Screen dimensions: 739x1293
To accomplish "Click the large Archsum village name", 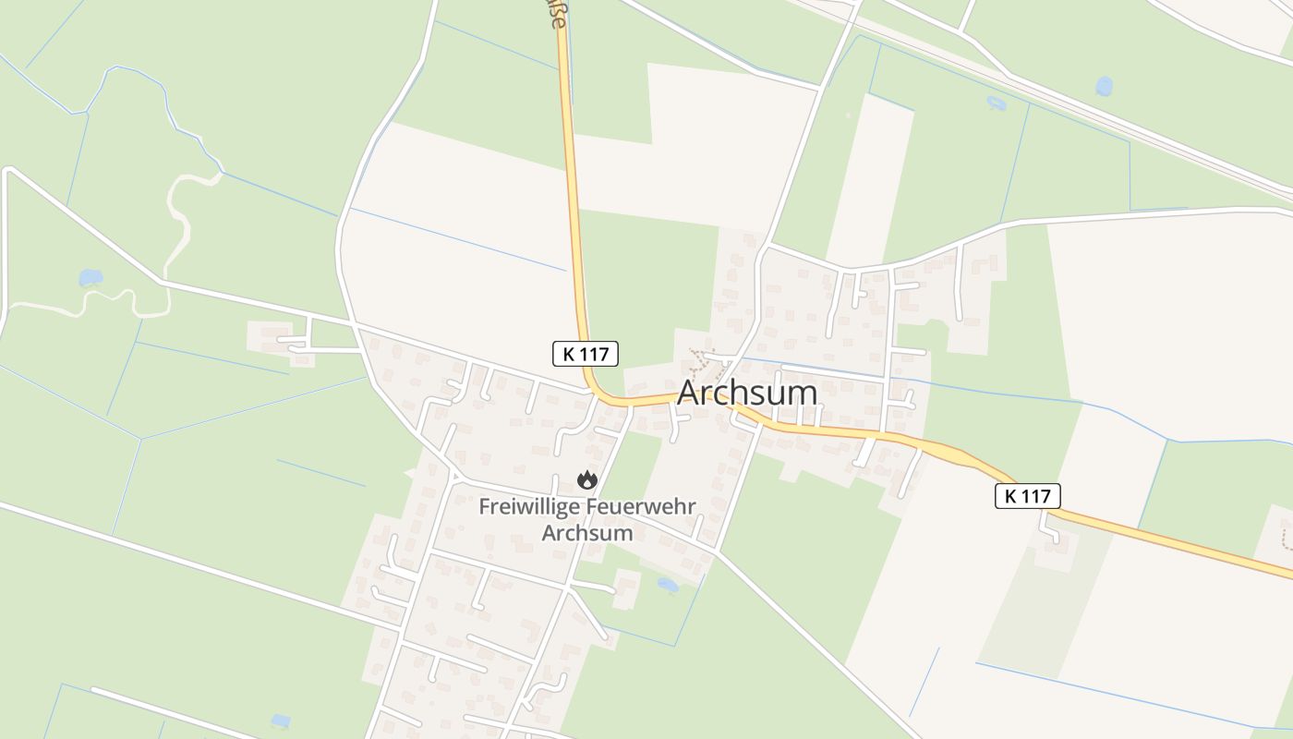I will [x=747, y=393].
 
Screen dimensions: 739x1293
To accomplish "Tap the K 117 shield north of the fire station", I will [x=585, y=353].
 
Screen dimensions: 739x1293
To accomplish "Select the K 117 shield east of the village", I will [x=1027, y=496].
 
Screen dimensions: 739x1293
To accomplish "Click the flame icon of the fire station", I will [x=586, y=479].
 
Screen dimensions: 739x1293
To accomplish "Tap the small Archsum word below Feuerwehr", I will [x=586, y=533].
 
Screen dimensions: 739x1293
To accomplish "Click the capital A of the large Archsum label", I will [x=689, y=393].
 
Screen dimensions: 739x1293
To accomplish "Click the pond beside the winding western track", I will [x=91, y=277].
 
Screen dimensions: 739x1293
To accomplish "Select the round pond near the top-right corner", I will [x=1104, y=86].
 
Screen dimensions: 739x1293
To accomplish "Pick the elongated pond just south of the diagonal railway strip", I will [x=996, y=103].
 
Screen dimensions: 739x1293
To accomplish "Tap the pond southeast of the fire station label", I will [x=667, y=585].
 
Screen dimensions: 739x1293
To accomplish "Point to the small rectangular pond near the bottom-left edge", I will [x=280, y=720].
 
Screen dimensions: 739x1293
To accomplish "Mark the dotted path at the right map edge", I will [x=1286, y=535].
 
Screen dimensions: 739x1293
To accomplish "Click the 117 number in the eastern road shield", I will [x=1037, y=496].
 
